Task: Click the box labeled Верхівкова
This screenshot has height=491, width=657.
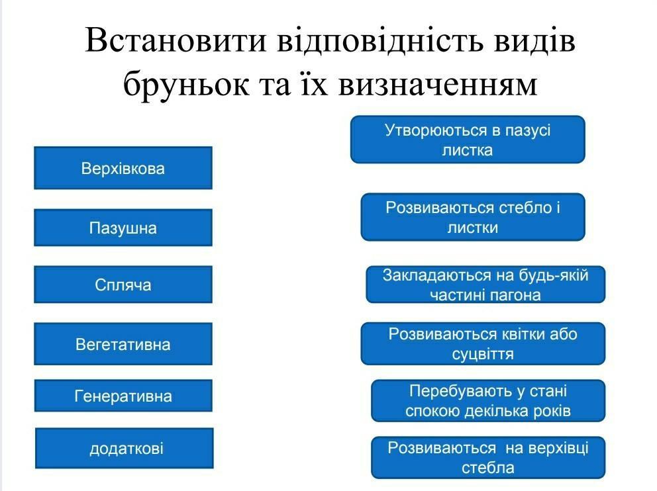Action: (x=123, y=168)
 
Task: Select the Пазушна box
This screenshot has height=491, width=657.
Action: (x=123, y=228)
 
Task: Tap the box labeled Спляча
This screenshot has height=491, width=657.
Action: (x=123, y=285)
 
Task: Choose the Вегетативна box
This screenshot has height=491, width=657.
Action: (x=123, y=344)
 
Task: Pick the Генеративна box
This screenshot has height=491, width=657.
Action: (x=123, y=396)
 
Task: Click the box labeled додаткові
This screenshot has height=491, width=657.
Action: (x=125, y=448)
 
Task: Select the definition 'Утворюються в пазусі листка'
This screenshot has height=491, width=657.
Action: (x=468, y=140)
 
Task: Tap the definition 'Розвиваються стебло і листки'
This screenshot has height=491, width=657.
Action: (x=473, y=217)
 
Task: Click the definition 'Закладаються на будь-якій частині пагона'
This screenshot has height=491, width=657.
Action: (x=485, y=285)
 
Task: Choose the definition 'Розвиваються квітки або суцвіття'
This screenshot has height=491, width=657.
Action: (x=483, y=343)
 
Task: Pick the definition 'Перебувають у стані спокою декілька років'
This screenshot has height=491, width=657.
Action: (x=488, y=400)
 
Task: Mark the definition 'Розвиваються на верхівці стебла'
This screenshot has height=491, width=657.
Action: (x=488, y=457)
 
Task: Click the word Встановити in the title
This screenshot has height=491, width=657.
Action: (x=176, y=40)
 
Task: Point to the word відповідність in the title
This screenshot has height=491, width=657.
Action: (x=380, y=40)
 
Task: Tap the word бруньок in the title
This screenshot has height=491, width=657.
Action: (x=186, y=84)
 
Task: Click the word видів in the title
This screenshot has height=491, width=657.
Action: (x=534, y=40)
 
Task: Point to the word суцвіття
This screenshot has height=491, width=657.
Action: (x=483, y=354)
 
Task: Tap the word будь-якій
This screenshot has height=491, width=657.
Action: (x=554, y=275)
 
